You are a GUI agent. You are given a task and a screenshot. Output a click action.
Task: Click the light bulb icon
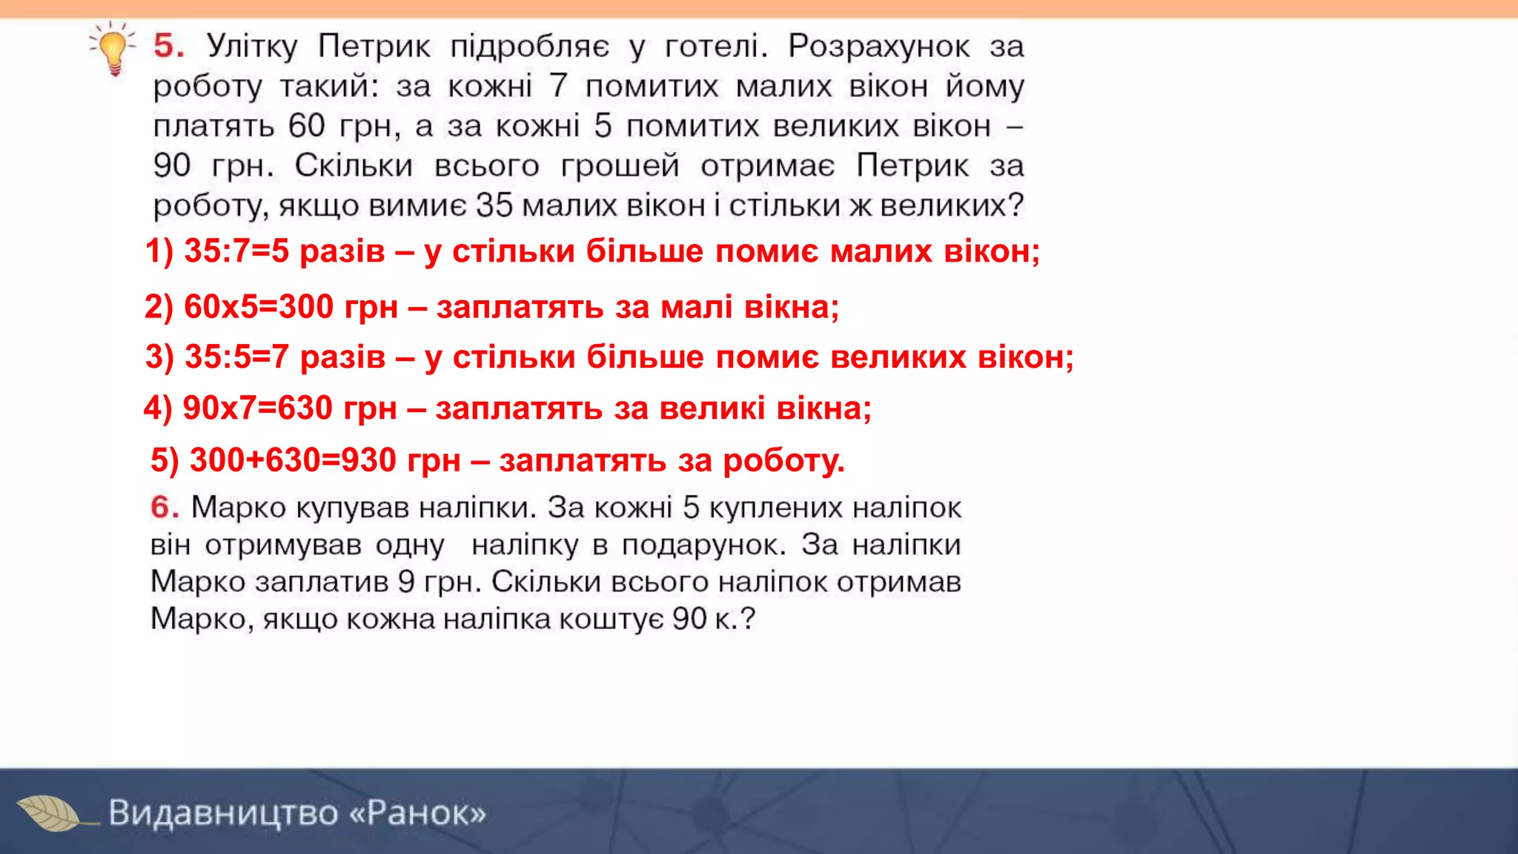113,49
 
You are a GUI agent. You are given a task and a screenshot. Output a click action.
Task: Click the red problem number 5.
168,46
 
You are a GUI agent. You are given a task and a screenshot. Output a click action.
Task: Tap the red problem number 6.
164,508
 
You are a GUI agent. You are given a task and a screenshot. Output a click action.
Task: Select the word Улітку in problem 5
252,47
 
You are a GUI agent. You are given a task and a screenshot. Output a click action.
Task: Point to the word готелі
716,47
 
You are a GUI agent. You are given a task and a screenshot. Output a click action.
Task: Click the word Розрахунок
878,47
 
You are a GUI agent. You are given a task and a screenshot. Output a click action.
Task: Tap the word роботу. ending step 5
783,461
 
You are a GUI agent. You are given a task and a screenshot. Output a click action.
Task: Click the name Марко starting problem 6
238,508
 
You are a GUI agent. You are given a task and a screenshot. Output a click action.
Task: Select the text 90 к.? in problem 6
713,619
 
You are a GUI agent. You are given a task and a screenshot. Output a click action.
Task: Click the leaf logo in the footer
50,813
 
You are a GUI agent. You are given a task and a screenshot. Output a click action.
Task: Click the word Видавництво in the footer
222,813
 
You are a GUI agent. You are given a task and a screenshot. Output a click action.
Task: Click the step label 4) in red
158,408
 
